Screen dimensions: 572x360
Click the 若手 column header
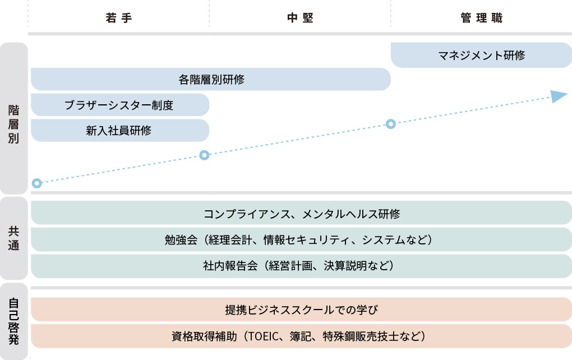click(x=118, y=18)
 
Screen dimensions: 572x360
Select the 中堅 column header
click(x=300, y=18)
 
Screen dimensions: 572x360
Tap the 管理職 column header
click(x=482, y=18)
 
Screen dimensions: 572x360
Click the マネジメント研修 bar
click(x=481, y=55)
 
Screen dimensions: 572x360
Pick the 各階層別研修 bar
click(x=211, y=79)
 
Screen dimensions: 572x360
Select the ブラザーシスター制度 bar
click(x=120, y=105)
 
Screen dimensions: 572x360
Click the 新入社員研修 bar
click(x=120, y=130)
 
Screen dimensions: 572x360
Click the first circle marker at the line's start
click(x=37, y=183)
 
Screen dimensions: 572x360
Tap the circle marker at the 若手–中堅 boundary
click(x=204, y=155)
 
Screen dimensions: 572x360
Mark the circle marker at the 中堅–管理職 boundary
click(x=391, y=124)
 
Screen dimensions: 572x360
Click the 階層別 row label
click(x=13, y=124)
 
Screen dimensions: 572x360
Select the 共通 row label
click(x=13, y=238)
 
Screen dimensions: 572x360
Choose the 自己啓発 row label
click(x=13, y=321)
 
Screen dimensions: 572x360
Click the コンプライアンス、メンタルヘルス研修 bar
click(x=301, y=213)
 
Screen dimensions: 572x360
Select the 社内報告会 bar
click(x=301, y=266)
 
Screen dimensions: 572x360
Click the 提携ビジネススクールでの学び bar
click(x=301, y=310)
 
